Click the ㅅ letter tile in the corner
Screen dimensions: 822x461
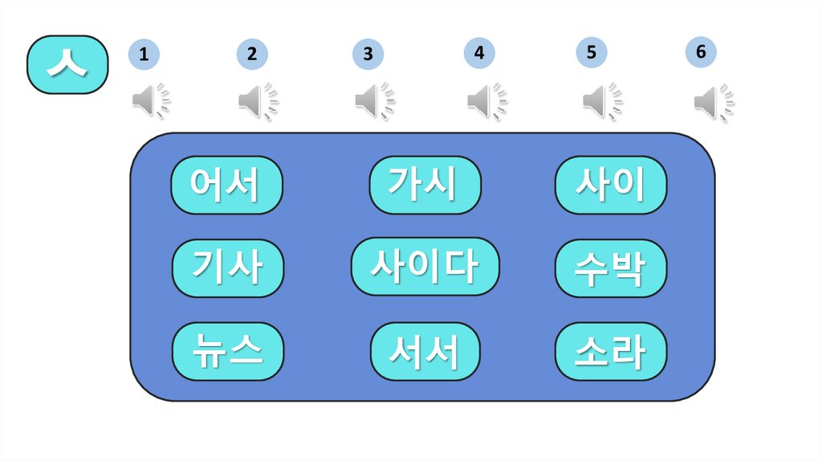click(x=67, y=64)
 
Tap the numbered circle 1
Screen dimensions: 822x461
click(x=143, y=55)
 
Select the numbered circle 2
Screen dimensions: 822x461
click(x=251, y=55)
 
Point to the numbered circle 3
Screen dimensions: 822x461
click(x=367, y=55)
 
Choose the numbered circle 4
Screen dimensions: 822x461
click(x=478, y=53)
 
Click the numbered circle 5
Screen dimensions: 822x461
click(x=591, y=53)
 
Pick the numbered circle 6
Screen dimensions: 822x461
click(x=700, y=52)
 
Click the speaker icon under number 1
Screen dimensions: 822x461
click(x=151, y=101)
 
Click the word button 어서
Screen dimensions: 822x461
click(x=226, y=185)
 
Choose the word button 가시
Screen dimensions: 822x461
click(x=425, y=185)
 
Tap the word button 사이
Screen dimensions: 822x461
click(x=611, y=185)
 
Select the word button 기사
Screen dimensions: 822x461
click(x=228, y=268)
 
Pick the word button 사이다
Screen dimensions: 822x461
click(x=425, y=266)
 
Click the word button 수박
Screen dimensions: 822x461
click(x=611, y=268)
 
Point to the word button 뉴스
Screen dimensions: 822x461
click(x=228, y=351)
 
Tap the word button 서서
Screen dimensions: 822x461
click(x=425, y=351)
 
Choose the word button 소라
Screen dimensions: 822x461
click(x=611, y=351)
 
